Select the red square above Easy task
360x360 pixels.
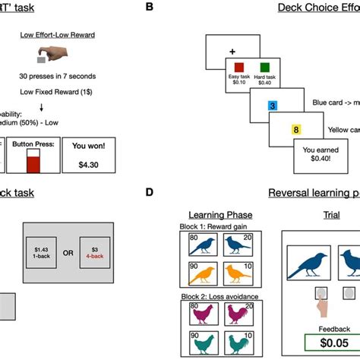[237, 68]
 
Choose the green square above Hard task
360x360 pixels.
[263, 68]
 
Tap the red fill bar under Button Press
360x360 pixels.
[32, 163]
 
